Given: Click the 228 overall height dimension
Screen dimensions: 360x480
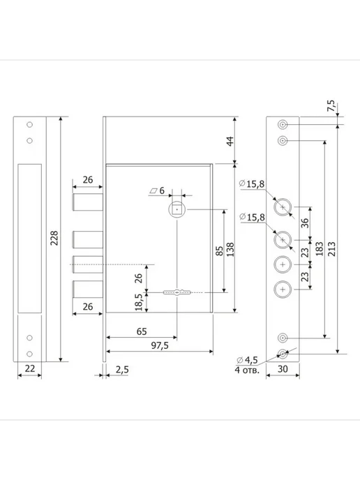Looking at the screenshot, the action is (x=54, y=238).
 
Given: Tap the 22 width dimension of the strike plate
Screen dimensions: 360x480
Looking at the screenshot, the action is (x=30, y=368).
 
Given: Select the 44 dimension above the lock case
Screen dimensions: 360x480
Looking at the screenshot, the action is (x=230, y=141).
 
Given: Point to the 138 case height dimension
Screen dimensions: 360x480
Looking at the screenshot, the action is (x=230, y=250).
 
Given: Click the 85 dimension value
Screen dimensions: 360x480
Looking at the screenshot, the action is (x=220, y=251).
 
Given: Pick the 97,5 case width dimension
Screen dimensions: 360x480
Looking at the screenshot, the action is (x=160, y=345).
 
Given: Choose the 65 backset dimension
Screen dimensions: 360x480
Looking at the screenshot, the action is (x=142, y=331).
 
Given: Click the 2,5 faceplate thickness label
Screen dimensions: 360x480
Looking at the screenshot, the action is (x=122, y=370).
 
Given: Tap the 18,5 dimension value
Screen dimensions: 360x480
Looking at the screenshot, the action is (x=139, y=302).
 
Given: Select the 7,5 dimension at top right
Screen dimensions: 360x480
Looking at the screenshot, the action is (x=331, y=105).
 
